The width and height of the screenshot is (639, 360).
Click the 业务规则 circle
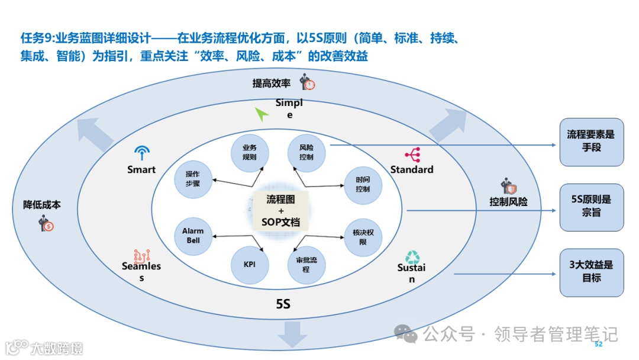click(249, 152)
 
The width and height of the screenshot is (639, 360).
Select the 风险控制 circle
click(306, 152)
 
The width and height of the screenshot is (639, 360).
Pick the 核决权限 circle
click(363, 237)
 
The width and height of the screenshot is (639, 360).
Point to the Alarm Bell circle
click(193, 236)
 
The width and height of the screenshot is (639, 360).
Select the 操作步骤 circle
click(193, 179)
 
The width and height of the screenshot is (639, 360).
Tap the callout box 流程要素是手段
click(591, 142)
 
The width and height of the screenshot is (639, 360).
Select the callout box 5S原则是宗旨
click(591, 207)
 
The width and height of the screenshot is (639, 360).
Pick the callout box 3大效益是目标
click(591, 272)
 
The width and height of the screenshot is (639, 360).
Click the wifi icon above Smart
click(141, 153)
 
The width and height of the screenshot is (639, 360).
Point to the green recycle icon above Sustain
click(412, 256)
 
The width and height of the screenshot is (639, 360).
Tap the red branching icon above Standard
click(412, 155)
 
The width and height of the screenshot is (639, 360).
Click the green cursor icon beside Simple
click(262, 114)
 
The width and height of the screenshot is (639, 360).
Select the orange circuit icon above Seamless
click(142, 255)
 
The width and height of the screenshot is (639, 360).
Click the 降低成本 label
click(42, 205)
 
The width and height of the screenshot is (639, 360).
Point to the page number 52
click(598, 344)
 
